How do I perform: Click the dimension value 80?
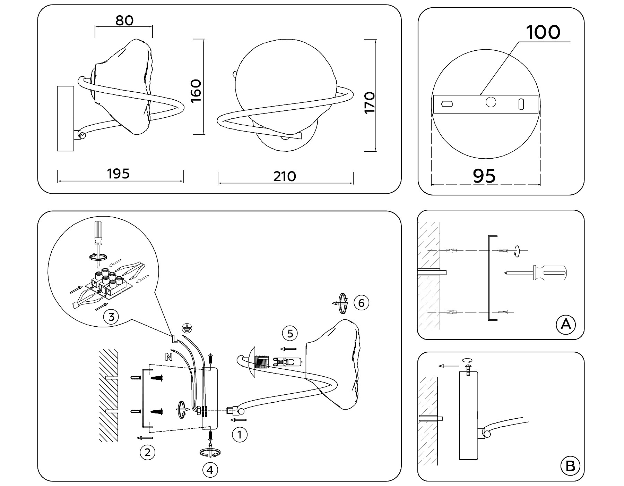click(x=124, y=20)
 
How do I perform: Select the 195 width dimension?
click(x=119, y=174)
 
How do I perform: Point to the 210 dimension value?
click(x=285, y=176)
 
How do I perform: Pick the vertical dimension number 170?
click(x=370, y=102)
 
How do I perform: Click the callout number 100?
click(x=543, y=32)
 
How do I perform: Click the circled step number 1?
click(x=239, y=434)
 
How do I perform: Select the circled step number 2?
click(x=147, y=452)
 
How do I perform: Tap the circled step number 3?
click(x=111, y=317)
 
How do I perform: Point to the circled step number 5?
click(x=290, y=334)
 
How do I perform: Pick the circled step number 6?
click(x=361, y=303)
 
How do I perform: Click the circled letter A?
click(x=565, y=325)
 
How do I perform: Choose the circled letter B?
click(x=570, y=466)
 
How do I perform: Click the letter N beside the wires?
click(x=169, y=357)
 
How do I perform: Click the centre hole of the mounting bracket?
click(x=491, y=102)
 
